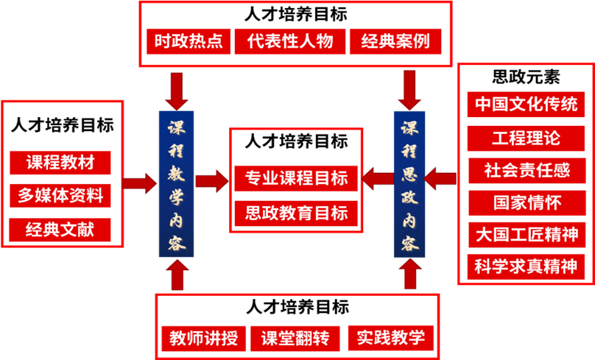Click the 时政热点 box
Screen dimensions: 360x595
tap(189, 41)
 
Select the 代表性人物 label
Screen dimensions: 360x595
tap(290, 41)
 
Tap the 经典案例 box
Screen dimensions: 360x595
tap(395, 41)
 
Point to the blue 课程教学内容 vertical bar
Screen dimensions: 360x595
tap(176, 184)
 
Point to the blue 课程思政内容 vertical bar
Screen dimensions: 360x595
tap(409, 184)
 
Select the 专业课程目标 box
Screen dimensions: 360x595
tap(296, 179)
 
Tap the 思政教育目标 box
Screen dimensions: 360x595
tap(296, 213)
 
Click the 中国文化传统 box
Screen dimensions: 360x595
tap(527, 104)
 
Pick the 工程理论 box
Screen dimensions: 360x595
tap(527, 138)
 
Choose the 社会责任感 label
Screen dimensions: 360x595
tap(527, 171)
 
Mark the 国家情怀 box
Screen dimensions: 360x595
tap(527, 202)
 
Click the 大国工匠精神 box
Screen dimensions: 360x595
tap(527, 235)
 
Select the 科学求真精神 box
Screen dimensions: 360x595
tap(527, 267)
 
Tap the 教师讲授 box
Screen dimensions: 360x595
tap(203, 339)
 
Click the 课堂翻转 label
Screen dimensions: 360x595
tap(295, 339)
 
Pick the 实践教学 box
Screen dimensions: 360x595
tap(391, 339)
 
